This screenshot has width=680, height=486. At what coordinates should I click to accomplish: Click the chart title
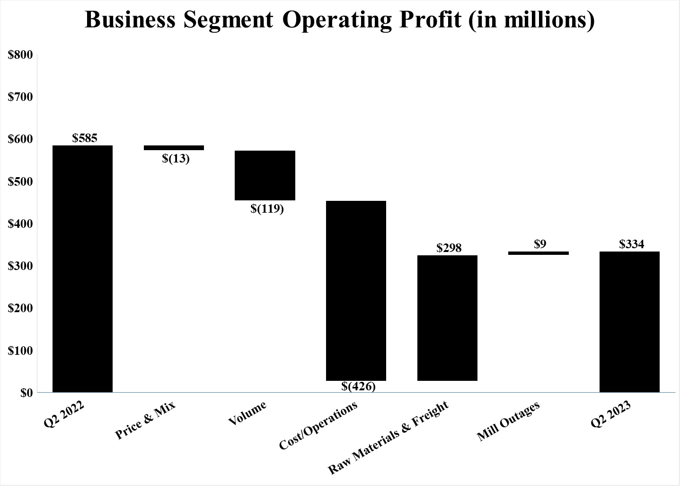(339, 20)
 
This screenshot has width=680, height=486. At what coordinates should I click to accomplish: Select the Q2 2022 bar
(82, 269)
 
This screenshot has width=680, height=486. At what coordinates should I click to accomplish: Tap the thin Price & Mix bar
(174, 148)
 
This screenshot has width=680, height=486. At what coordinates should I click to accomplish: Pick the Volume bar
(265, 175)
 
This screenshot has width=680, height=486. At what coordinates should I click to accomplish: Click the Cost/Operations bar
(356, 290)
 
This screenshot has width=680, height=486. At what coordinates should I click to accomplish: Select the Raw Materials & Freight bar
(447, 318)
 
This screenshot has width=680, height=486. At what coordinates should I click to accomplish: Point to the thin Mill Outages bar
(539, 253)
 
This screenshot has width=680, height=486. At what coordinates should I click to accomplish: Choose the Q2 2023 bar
(629, 322)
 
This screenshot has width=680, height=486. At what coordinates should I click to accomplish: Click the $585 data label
(85, 138)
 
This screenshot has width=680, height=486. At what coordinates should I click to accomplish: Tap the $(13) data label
(176, 159)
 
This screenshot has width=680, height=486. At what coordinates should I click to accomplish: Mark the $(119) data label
(267, 208)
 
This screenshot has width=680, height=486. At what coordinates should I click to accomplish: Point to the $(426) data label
(358, 387)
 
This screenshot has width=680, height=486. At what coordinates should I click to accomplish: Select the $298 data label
(449, 248)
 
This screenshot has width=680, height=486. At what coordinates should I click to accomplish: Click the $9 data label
(540, 244)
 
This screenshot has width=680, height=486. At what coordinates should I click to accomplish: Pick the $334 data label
(631, 244)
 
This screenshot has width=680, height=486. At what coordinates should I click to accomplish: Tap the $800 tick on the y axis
(20, 55)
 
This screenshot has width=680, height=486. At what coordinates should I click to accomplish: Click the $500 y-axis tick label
(20, 182)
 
